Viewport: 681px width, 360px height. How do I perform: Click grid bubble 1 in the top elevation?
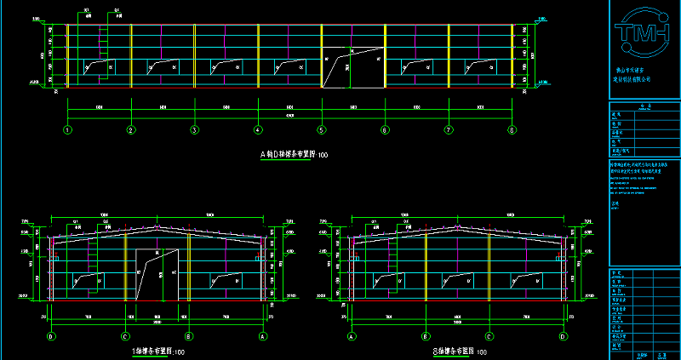(67, 130)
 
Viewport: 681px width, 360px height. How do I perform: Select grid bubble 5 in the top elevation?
(322, 130)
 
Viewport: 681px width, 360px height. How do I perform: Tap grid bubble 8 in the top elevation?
(512, 130)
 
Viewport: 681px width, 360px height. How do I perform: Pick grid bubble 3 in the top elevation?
(194, 130)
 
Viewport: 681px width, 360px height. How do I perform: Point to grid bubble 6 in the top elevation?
(385, 130)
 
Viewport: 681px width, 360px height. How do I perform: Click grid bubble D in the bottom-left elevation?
(51, 336)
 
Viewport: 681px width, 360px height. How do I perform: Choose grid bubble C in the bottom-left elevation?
(125, 336)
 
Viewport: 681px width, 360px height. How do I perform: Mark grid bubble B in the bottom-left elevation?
(188, 336)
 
